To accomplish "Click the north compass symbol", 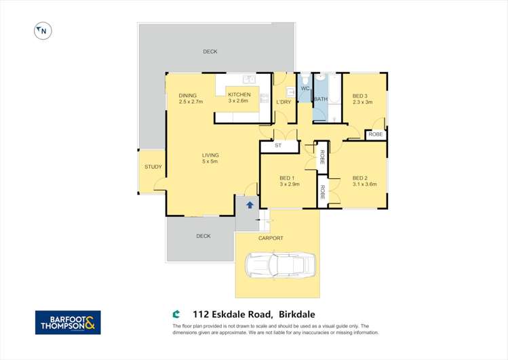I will coord(43,31).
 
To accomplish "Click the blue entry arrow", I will coord(250,204).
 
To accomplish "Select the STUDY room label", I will coord(153,167).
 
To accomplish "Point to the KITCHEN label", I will coord(239,95).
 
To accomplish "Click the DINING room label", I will coord(187,95).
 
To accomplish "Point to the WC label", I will coord(305,89).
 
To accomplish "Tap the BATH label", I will coord(321,100).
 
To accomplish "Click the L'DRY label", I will coord(284,102).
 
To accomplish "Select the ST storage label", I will coord(278,146).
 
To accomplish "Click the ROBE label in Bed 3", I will coord(375,134).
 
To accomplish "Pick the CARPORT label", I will coord(271,239).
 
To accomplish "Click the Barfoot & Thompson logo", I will coord(68,322).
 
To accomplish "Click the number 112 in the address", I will coord(201,314).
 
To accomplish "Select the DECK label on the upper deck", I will coord(210,52).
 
